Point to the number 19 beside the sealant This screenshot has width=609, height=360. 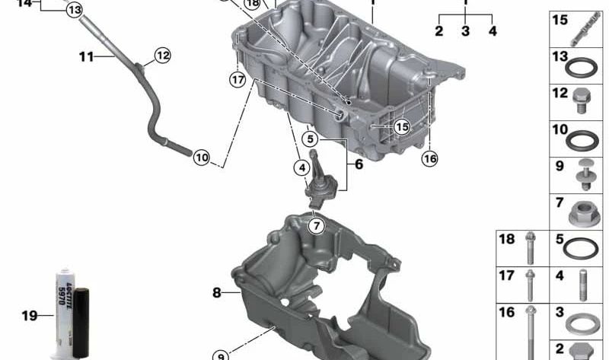pyautogui.click(x=28, y=315)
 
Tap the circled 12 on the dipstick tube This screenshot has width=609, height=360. pyautogui.click(x=163, y=55)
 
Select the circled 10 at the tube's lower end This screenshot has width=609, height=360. pyautogui.click(x=200, y=158)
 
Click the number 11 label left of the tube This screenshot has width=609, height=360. pyautogui.click(x=85, y=56)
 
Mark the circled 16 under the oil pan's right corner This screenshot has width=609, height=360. pyautogui.click(x=430, y=158)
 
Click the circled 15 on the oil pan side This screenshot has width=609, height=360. pyautogui.click(x=401, y=126)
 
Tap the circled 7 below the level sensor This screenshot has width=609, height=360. pyautogui.click(x=316, y=225)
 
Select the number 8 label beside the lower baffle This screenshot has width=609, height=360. pyautogui.click(x=217, y=292)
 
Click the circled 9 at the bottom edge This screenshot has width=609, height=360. pyautogui.click(x=220, y=354)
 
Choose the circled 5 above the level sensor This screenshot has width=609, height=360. pyautogui.click(x=308, y=139)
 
